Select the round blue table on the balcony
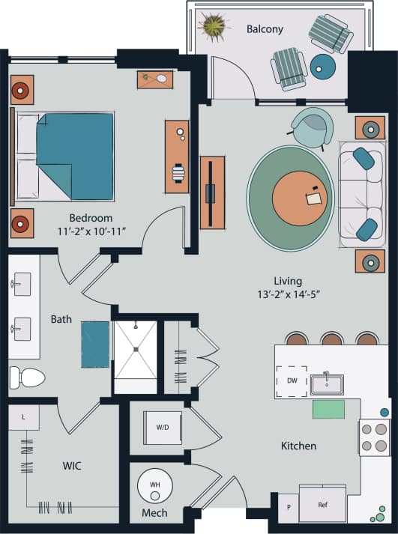pyautogui.click(x=323, y=67)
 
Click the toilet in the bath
pyautogui.click(x=28, y=376)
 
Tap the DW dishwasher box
pyautogui.click(x=292, y=381)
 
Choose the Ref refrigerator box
pyautogui.click(x=323, y=504)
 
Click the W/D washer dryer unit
pyautogui.click(x=162, y=428)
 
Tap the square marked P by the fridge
pyautogui.click(x=288, y=506)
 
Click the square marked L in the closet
pyautogui.click(x=25, y=417)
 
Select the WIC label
pyautogui.click(x=72, y=466)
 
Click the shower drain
pyautogui.click(x=135, y=349)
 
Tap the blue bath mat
pyautogui.click(x=95, y=344)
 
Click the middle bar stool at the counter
pyautogui.click(x=331, y=339)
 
